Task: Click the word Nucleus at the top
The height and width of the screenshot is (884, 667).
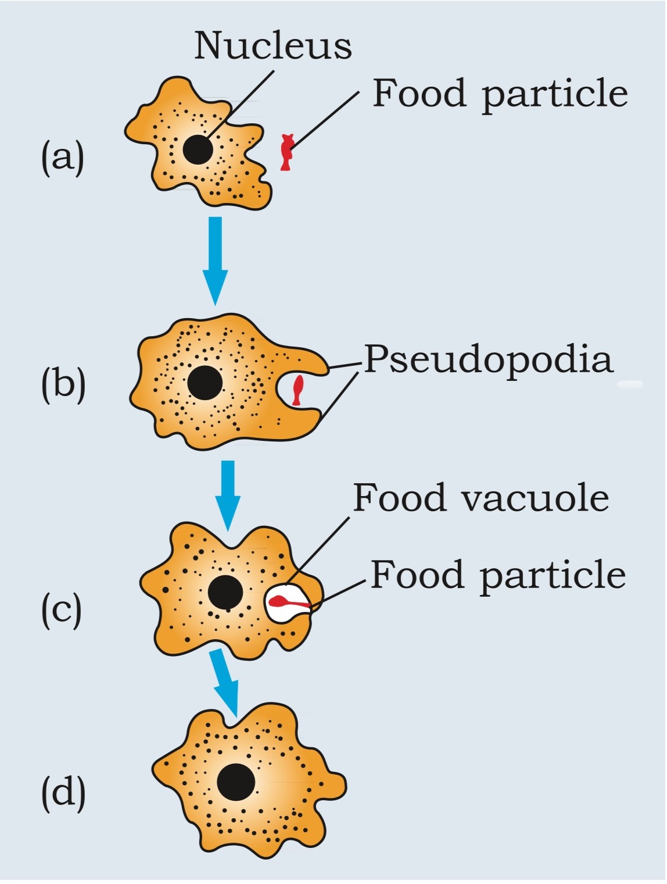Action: [272, 45]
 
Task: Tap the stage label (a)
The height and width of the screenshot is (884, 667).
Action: [62, 157]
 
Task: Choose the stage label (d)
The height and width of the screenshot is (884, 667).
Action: [63, 792]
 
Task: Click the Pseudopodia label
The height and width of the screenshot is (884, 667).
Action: [488, 360]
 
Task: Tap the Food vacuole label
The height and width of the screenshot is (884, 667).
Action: [481, 498]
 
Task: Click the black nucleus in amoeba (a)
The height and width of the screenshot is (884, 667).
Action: [198, 149]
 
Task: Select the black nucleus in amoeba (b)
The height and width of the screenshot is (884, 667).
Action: [205, 383]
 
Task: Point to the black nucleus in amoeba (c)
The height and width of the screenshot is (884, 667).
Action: [225, 593]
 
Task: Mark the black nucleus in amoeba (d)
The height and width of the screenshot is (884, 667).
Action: [236, 782]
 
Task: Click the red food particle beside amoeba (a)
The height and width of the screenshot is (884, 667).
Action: [286, 152]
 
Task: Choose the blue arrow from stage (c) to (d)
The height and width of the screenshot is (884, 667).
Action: [227, 683]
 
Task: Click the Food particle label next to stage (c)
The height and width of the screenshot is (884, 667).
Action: [498, 575]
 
